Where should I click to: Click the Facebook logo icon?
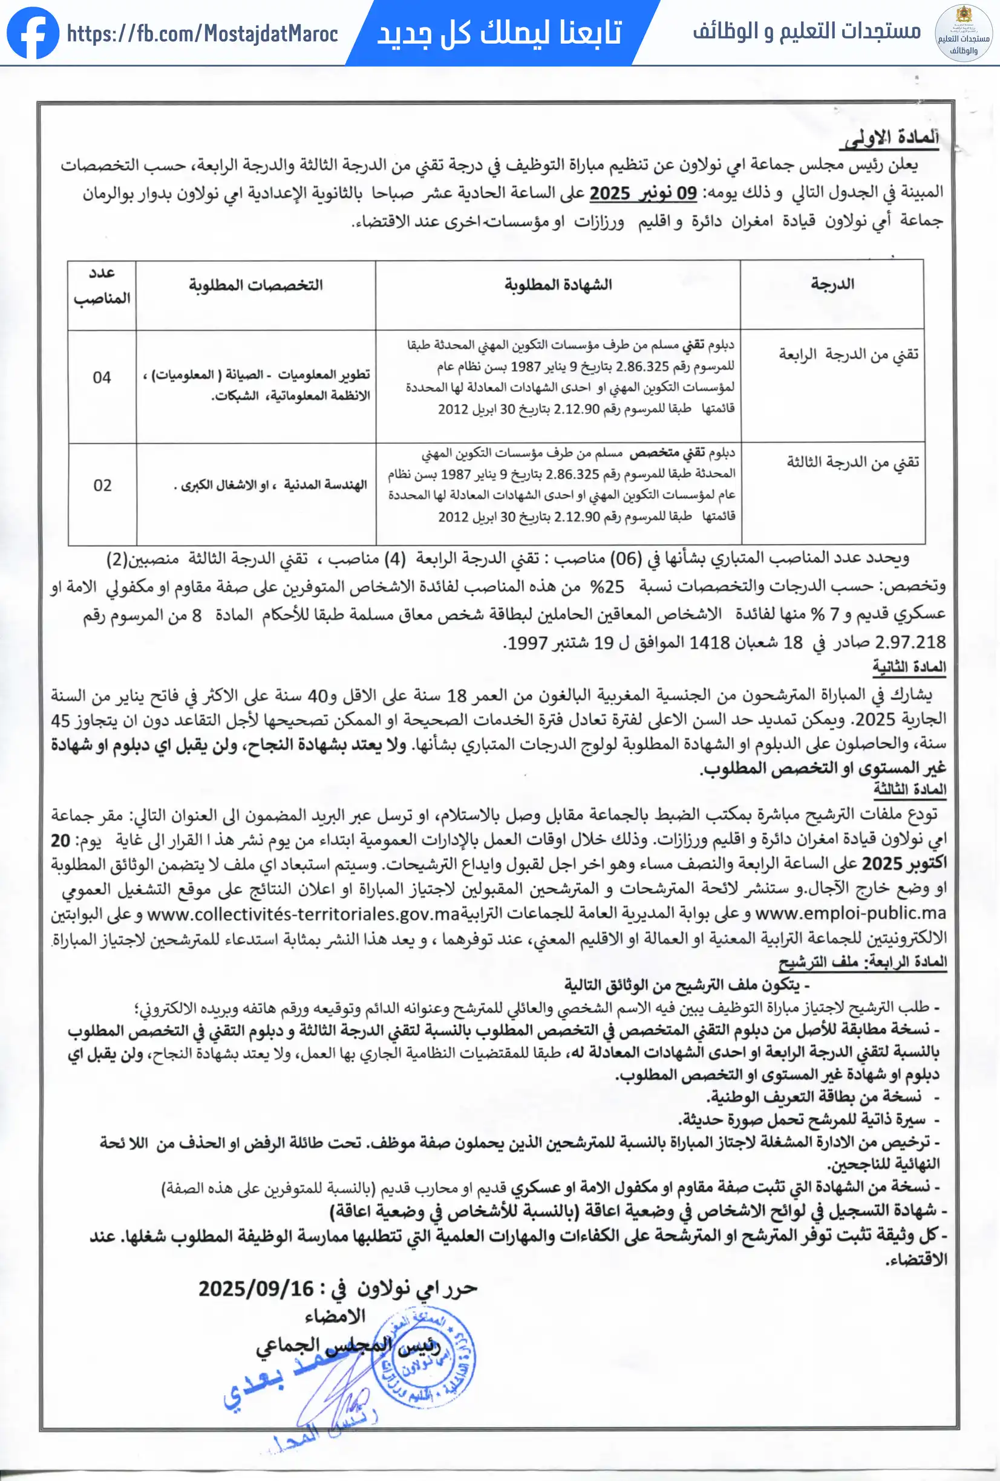pyautogui.click(x=33, y=33)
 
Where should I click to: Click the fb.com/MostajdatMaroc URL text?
pyautogui.click(x=202, y=34)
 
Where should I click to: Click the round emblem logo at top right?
pyautogui.click(x=963, y=33)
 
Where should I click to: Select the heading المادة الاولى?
pyautogui.click(x=891, y=138)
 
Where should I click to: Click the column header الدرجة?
pyautogui.click(x=832, y=284)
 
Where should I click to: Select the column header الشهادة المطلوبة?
pyautogui.click(x=558, y=285)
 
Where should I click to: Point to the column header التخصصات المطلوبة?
pyautogui.click(x=255, y=285)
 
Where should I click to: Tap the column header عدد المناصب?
pyautogui.click(x=102, y=285)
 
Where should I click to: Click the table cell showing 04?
pyautogui.click(x=102, y=377)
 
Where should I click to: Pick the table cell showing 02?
pyautogui.click(x=102, y=486)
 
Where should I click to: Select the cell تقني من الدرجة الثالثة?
pyautogui.click(x=852, y=462)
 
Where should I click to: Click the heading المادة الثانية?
pyautogui.click(x=909, y=667)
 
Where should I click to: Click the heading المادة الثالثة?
pyautogui.click(x=909, y=789)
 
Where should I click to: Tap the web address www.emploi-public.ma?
pyautogui.click(x=850, y=913)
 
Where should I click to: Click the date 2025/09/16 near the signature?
pyautogui.click(x=257, y=1289)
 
